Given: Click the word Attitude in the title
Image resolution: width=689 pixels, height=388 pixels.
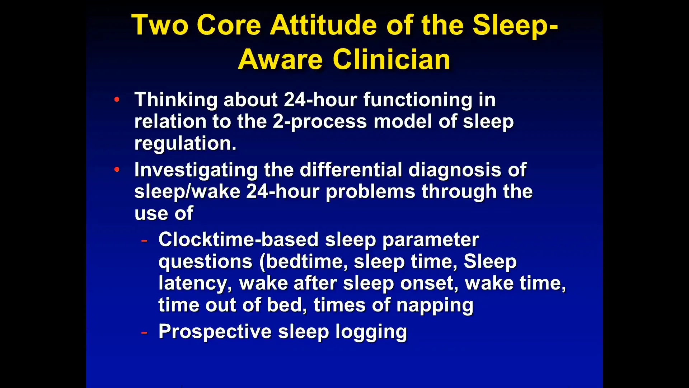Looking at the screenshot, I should [323, 25].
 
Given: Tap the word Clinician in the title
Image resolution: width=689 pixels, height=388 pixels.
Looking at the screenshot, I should [392, 60].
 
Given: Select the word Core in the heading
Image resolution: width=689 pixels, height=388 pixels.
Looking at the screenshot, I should [229, 25].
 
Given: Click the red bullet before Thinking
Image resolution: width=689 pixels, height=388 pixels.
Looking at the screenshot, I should [117, 100].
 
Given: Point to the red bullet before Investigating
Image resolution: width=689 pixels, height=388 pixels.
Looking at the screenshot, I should [117, 169].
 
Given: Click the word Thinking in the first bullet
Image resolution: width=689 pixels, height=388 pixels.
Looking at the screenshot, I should [176, 100].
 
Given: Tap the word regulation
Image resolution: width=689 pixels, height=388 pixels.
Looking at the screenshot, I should [185, 144].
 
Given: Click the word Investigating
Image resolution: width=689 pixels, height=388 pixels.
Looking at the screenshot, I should [196, 170].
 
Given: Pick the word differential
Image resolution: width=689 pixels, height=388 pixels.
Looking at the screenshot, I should [351, 170].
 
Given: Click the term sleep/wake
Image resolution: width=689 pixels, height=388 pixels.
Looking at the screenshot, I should [187, 192].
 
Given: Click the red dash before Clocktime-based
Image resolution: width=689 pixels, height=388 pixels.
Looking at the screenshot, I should [144, 240].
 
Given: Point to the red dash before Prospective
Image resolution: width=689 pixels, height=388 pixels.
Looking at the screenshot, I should [144, 332].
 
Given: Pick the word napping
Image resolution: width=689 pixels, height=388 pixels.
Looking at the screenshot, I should [435, 306].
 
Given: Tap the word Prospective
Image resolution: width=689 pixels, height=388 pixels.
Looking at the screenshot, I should [215, 332].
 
